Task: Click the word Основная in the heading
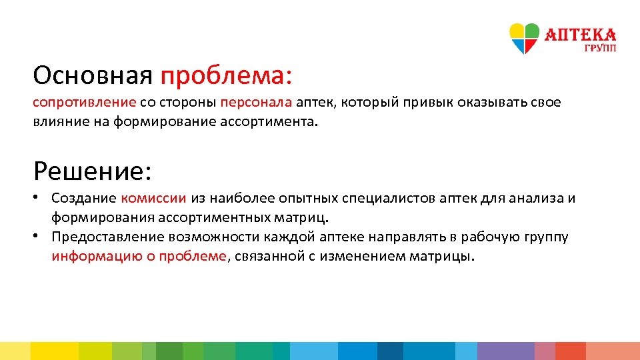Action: tap(93, 75)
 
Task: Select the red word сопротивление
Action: tap(85, 103)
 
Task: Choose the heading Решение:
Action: tap(93, 171)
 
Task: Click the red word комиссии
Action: tap(154, 198)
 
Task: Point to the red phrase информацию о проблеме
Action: tap(139, 257)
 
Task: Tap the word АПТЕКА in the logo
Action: tap(581, 35)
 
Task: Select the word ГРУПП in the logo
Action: tap(600, 49)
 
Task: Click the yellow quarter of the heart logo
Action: tap(517, 31)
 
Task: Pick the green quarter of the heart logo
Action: tap(531, 31)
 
